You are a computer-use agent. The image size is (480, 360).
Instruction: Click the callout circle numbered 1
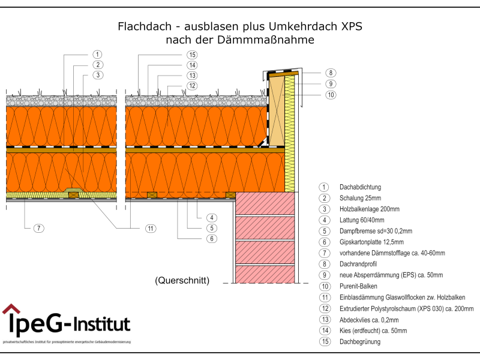(x=97, y=54)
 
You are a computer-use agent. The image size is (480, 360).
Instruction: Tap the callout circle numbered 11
(x=150, y=228)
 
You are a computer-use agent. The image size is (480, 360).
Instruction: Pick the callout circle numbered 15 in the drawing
(x=191, y=55)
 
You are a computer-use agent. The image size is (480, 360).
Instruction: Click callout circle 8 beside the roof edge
(x=331, y=73)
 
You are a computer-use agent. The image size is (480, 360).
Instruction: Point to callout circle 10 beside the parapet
(x=331, y=95)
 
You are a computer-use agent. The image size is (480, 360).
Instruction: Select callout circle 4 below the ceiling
(x=211, y=217)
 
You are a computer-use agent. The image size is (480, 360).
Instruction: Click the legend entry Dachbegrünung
(x=360, y=341)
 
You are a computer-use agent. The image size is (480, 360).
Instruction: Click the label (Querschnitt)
(x=182, y=280)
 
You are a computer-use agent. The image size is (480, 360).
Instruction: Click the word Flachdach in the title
(x=142, y=26)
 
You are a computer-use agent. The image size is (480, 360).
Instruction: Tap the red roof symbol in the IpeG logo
(x=11, y=310)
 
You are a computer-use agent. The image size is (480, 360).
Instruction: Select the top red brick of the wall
(x=266, y=203)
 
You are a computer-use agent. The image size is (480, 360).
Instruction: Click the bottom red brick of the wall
(x=266, y=273)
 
